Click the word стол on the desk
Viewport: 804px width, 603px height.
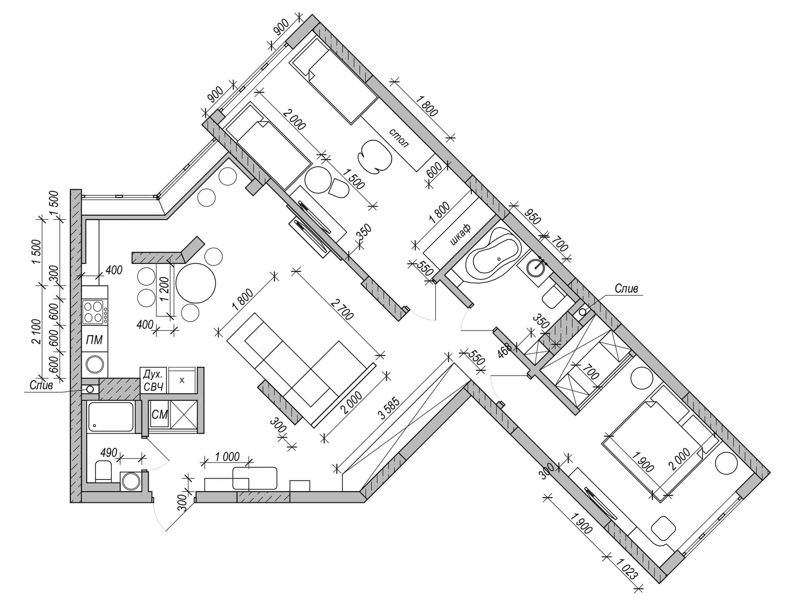point(399,138)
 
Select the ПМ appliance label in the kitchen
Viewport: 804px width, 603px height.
point(94,340)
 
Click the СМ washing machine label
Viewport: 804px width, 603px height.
point(160,415)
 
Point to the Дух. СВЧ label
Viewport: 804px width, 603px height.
point(153,380)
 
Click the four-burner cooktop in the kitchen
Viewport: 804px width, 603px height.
point(94,312)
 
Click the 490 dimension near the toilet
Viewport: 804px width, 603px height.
point(109,453)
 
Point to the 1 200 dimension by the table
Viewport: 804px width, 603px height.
point(164,289)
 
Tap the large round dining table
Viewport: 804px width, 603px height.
point(196,283)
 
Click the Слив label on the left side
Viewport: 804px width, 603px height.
point(41,385)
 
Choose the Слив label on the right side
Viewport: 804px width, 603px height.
point(626,289)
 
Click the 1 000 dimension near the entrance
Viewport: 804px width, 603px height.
point(227,456)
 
